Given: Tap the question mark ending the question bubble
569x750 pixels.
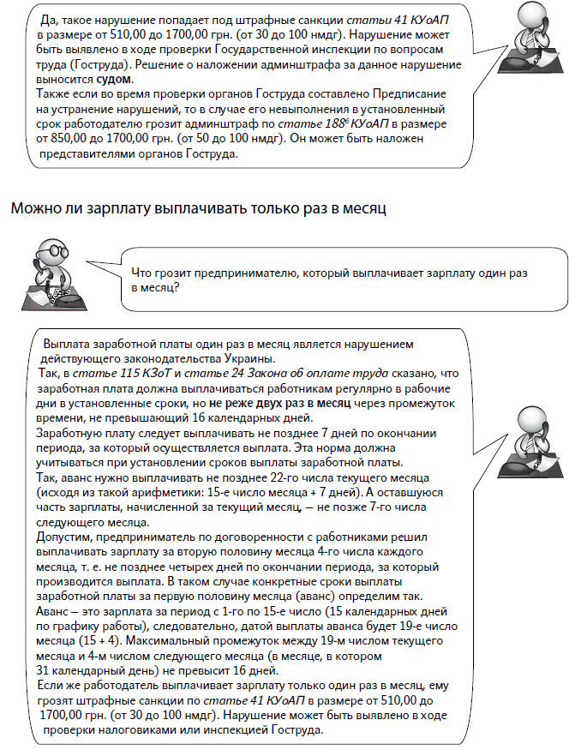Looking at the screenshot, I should click(175, 288).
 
